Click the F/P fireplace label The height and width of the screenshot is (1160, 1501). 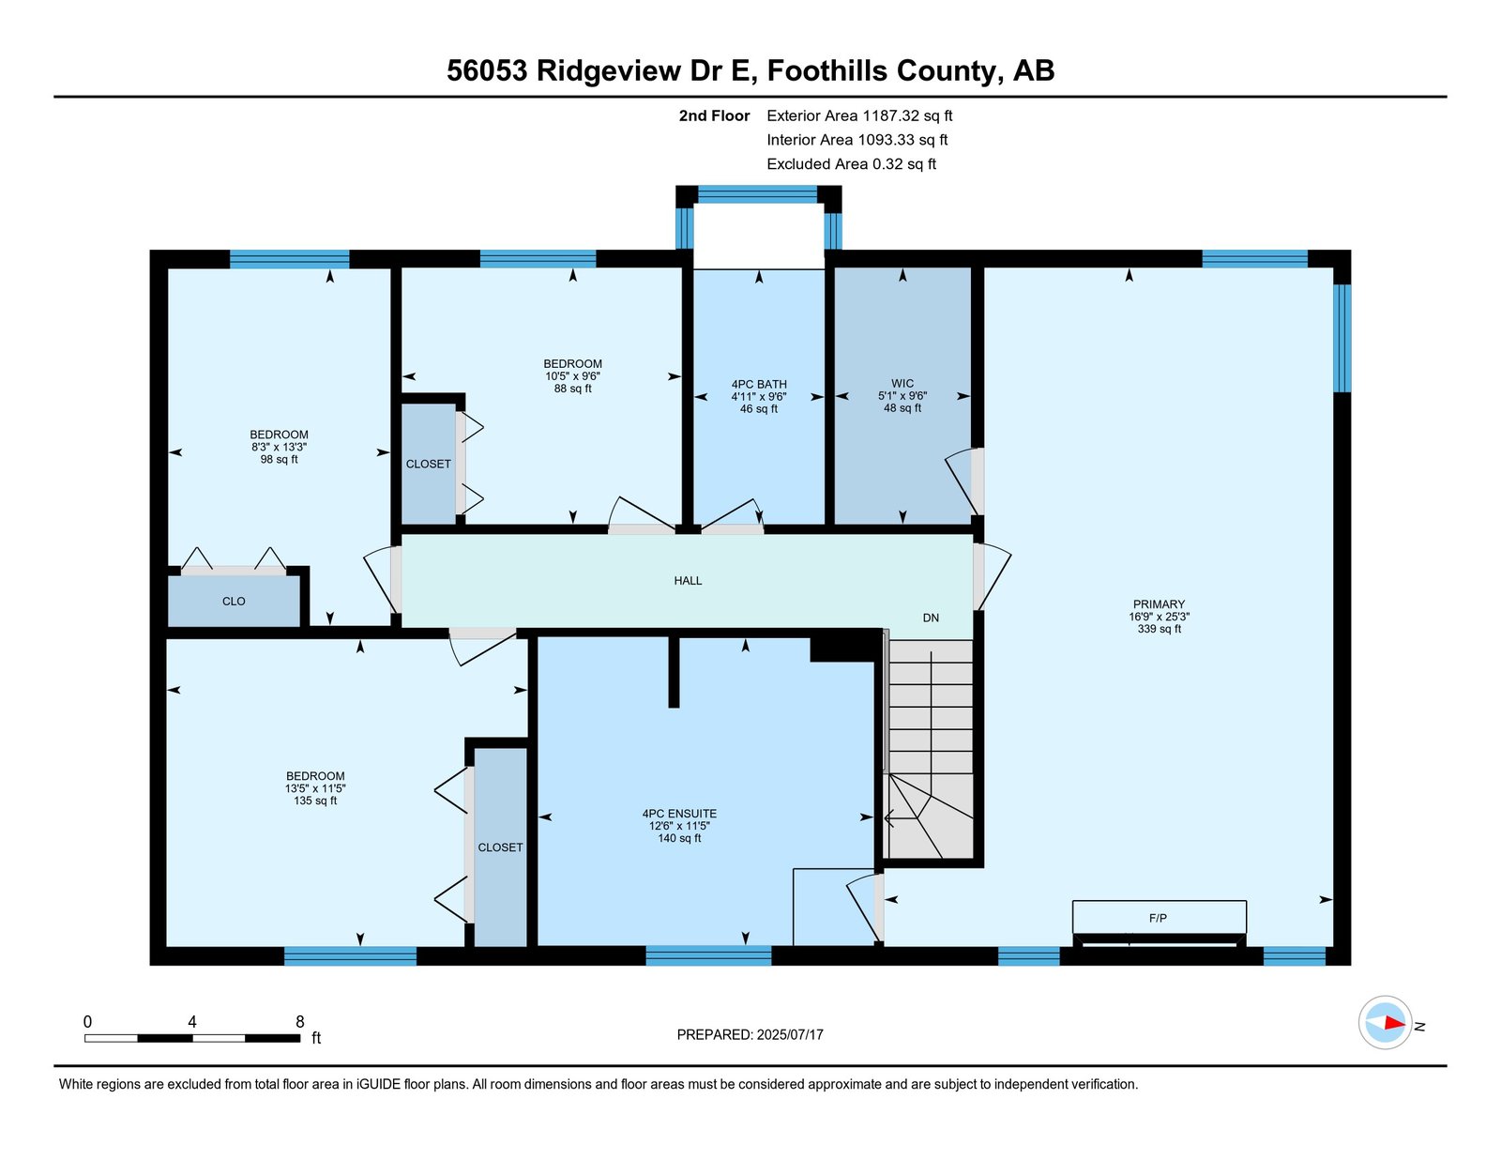[1158, 918]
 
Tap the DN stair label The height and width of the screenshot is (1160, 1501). [931, 618]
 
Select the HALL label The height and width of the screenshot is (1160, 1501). [688, 580]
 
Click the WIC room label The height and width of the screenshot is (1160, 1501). [902, 384]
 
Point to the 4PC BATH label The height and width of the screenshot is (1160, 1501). [759, 384]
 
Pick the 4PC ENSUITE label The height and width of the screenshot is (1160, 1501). [680, 814]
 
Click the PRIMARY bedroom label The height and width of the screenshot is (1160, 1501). [1159, 603]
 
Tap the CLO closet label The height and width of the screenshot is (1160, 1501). [234, 601]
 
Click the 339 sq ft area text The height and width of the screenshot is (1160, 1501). [1160, 629]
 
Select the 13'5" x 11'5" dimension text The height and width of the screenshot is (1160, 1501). [315, 788]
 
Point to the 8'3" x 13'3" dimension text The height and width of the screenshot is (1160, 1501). [279, 447]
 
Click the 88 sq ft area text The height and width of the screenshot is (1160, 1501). [572, 389]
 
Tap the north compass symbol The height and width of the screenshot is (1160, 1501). [1385, 1023]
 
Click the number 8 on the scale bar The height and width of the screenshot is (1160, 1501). [300, 1022]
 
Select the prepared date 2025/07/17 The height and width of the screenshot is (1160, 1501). [790, 1034]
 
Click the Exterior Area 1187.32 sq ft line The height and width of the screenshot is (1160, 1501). [859, 115]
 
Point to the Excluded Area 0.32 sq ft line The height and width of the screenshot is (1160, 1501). [851, 163]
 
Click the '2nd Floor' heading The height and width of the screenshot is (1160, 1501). [714, 115]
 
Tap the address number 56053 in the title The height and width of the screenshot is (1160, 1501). [487, 70]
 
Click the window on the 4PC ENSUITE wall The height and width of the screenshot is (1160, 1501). [708, 955]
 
